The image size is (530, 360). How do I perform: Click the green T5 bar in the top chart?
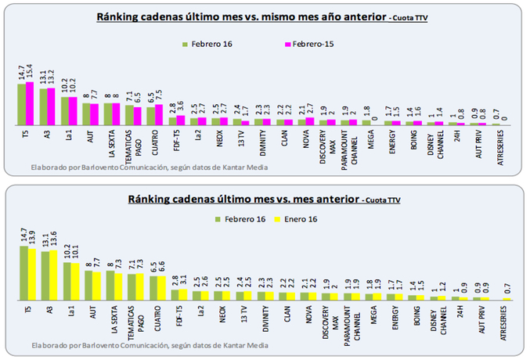tap(23, 104)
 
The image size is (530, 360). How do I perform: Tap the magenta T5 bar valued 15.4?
tap(31, 103)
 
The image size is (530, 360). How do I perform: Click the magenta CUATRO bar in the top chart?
tap(159, 115)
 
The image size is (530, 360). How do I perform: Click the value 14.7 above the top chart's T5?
tap(22, 71)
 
